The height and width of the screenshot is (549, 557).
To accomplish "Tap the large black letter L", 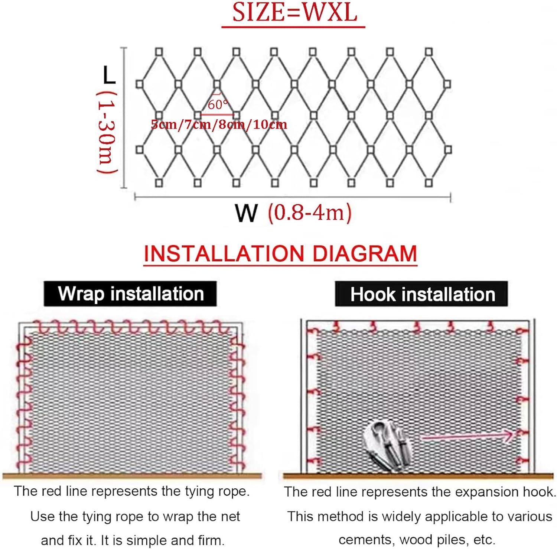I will point(109,75).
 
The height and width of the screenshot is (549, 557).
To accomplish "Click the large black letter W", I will point(246,213).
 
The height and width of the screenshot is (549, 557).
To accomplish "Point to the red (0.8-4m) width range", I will point(310,213).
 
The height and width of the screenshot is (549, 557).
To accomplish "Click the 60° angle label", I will point(218,104).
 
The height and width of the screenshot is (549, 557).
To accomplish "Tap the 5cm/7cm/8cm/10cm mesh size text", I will point(219,124).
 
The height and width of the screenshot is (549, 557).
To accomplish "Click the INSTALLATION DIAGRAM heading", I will point(280,254).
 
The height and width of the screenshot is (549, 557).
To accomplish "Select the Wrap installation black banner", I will point(130,294).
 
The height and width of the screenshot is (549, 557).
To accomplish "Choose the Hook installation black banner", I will point(422,294).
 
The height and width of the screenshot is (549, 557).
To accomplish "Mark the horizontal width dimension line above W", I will point(293,197).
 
